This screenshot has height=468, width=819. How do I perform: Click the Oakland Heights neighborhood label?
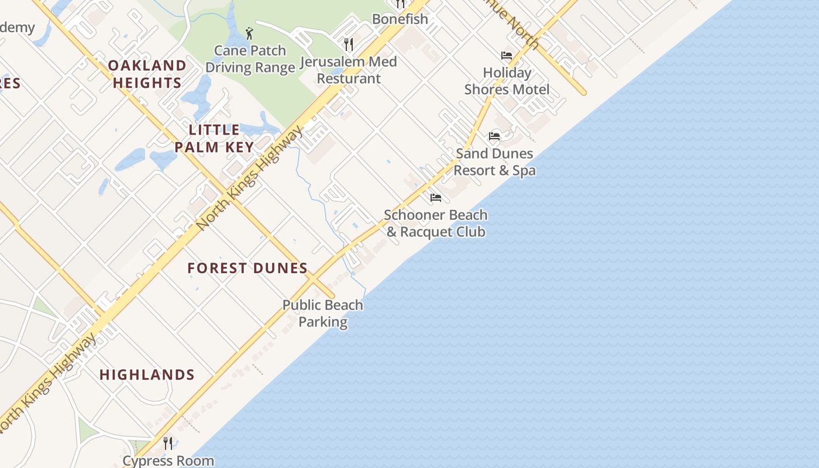(x=147, y=74)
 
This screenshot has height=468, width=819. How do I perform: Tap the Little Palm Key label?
(x=215, y=138)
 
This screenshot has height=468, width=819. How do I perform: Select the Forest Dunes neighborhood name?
(x=247, y=268)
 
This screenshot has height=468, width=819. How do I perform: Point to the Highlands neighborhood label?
(x=147, y=374)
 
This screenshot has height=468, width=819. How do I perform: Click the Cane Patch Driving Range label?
(x=250, y=59)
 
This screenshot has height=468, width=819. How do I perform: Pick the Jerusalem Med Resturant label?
(x=349, y=70)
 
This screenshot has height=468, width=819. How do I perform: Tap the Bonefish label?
(x=400, y=19)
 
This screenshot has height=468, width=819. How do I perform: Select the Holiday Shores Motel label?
(x=507, y=81)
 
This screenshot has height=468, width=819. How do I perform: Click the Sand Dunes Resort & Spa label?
(x=494, y=162)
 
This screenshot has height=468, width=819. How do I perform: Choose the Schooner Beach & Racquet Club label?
(x=436, y=223)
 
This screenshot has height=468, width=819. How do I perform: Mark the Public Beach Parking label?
(x=323, y=314)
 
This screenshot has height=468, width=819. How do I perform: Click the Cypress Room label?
(x=168, y=460)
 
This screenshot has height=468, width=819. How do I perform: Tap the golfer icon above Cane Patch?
(x=250, y=33)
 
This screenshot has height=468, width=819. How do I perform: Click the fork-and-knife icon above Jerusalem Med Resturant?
(x=349, y=44)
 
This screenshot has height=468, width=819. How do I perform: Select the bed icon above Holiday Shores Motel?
(x=507, y=56)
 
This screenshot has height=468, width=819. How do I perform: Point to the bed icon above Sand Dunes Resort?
(x=494, y=136)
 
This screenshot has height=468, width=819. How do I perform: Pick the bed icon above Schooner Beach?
(x=436, y=198)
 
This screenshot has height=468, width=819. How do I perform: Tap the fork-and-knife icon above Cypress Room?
(x=168, y=443)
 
